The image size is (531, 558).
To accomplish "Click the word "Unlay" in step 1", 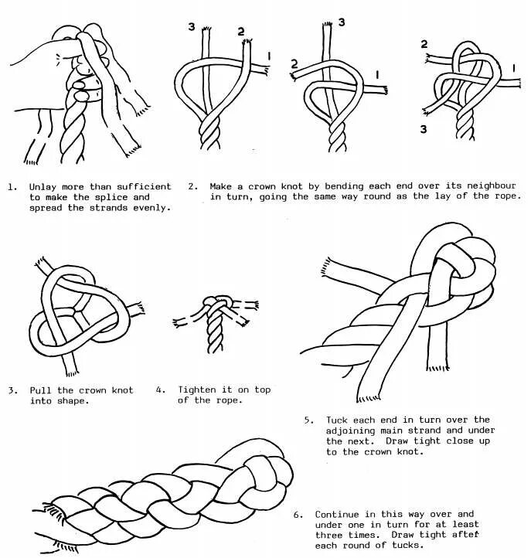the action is (x=44, y=187).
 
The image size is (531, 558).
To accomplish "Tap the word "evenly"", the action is (x=152, y=208).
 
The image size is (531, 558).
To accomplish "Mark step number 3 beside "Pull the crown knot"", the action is (x=12, y=390).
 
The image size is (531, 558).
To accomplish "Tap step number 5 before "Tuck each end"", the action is (x=308, y=420).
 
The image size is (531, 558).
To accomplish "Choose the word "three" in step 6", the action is (x=331, y=535).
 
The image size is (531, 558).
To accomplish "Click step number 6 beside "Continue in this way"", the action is (x=298, y=514).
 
